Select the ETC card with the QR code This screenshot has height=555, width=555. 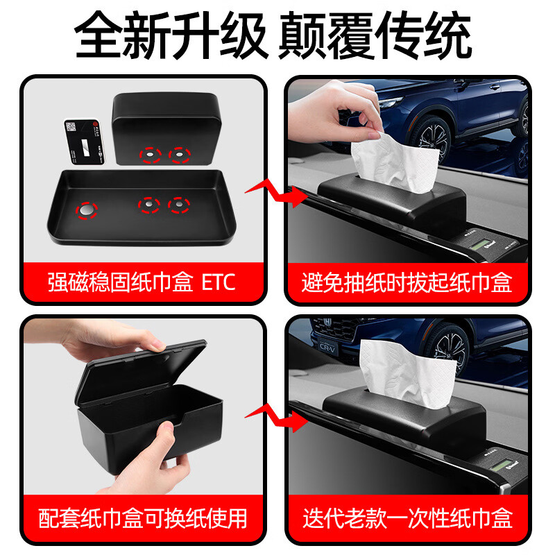84,142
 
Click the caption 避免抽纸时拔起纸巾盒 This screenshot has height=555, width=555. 407,282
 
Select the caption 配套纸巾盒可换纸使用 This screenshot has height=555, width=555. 142,518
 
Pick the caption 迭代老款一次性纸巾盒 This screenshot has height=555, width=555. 407,518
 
